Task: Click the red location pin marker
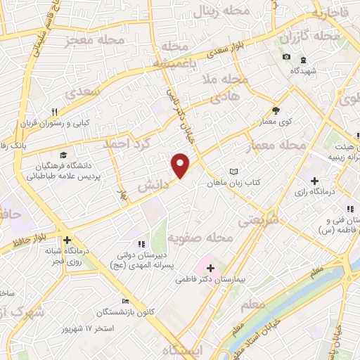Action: (x=181, y=165)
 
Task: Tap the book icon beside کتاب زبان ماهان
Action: (x=235, y=171)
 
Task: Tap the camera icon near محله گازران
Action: (x=285, y=57)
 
